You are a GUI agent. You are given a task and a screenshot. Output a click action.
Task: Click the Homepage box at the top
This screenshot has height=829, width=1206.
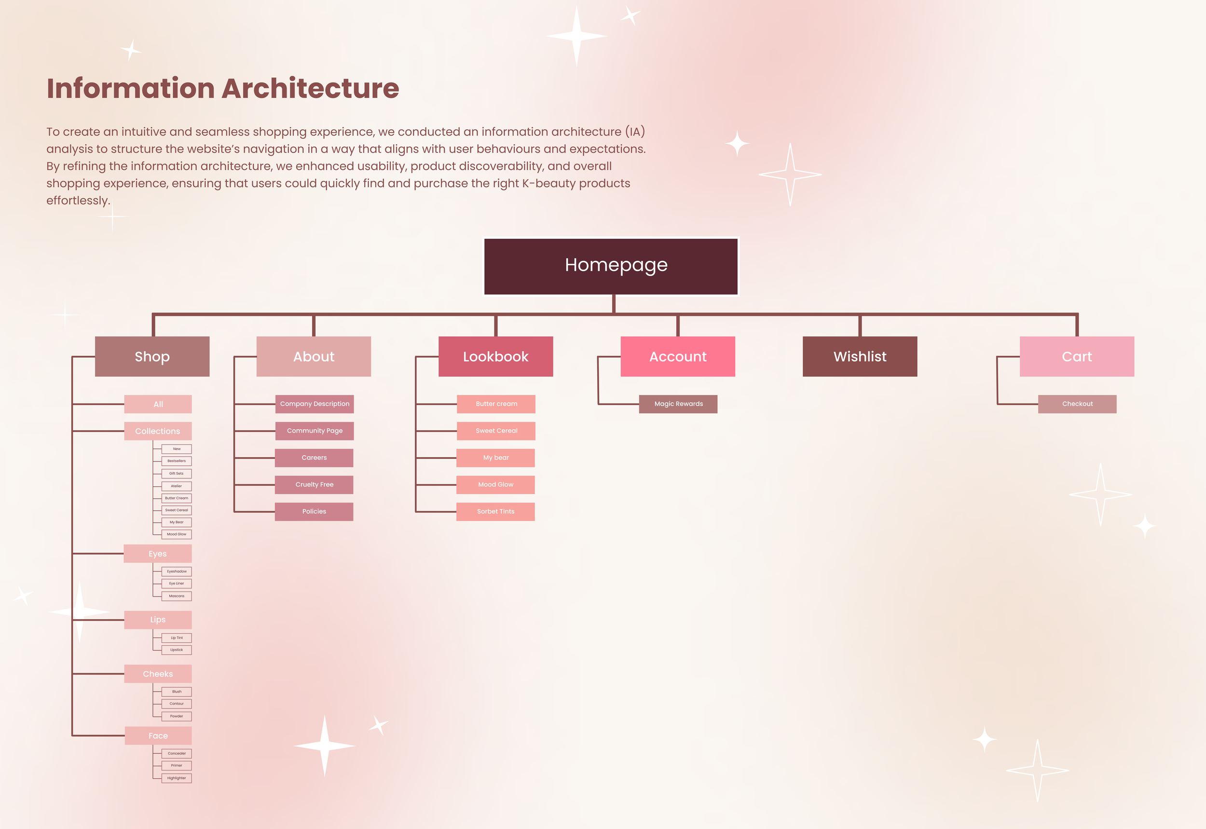pyautogui.click(x=611, y=266)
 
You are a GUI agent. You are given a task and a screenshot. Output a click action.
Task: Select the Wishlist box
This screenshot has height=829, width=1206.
pyautogui.click(x=860, y=356)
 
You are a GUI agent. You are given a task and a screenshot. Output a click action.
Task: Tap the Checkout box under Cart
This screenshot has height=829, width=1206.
pyautogui.click(x=1077, y=404)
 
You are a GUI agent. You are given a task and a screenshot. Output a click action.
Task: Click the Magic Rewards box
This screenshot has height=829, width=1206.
pyautogui.click(x=678, y=404)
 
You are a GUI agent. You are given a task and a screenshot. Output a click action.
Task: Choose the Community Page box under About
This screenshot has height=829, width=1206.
pyautogui.click(x=315, y=431)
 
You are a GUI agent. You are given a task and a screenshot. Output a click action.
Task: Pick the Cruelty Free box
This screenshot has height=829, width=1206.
pyautogui.click(x=314, y=485)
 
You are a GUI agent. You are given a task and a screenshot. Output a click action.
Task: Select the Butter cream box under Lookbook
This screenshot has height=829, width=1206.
pyautogui.click(x=496, y=404)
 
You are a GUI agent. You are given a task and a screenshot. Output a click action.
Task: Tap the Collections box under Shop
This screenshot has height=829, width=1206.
pyautogui.click(x=157, y=431)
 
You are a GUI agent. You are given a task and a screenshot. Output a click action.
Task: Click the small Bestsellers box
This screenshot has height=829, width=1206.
pyautogui.click(x=176, y=461)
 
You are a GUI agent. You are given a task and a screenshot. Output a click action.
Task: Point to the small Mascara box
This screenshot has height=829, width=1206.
pyautogui.click(x=176, y=596)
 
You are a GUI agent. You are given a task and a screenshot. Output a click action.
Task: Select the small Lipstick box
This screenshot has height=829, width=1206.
pyautogui.click(x=176, y=650)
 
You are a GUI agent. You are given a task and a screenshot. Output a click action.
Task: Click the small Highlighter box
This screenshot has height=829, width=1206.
pyautogui.click(x=176, y=778)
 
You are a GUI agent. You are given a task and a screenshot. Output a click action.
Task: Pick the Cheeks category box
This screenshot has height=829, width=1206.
pyautogui.click(x=157, y=674)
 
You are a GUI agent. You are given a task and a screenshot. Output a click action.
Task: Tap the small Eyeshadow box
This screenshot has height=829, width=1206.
pyautogui.click(x=176, y=571)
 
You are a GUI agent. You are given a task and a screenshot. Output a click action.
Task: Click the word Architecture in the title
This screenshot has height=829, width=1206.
pyautogui.click(x=310, y=88)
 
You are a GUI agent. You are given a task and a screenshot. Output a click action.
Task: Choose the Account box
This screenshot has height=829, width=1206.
pyautogui.click(x=678, y=356)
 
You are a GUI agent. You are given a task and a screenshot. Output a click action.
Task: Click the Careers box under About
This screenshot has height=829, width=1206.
pyautogui.click(x=314, y=458)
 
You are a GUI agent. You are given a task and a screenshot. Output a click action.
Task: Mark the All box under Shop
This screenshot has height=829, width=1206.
pyautogui.click(x=157, y=404)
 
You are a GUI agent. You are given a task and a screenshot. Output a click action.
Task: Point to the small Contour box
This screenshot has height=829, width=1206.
pyautogui.click(x=176, y=704)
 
